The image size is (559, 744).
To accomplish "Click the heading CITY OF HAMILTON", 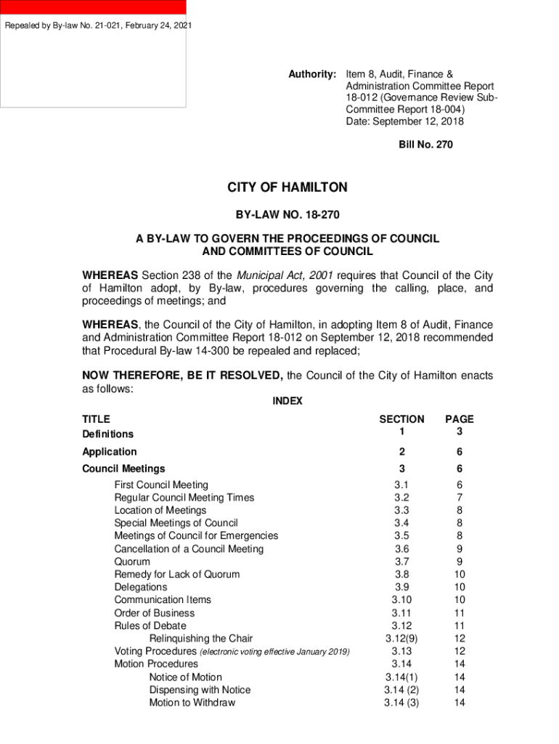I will (x=287, y=187).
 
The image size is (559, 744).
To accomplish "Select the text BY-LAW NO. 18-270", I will (x=287, y=215).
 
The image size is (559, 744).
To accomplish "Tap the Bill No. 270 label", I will (x=425, y=145).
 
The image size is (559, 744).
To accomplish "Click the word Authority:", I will (x=312, y=74).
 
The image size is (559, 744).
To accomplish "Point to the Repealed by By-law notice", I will (x=99, y=26).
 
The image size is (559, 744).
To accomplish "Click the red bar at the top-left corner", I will (x=93, y=7).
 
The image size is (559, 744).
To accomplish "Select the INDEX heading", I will (x=287, y=401).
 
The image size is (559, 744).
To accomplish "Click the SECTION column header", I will (x=401, y=419).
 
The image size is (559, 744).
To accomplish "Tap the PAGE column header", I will (x=459, y=419).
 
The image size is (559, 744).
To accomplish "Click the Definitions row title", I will (x=107, y=434).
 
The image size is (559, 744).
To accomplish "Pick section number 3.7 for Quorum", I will (x=401, y=562).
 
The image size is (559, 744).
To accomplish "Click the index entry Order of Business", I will (x=154, y=612).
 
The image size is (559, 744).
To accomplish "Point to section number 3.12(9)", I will (x=401, y=639).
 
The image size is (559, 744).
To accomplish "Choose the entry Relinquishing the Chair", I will (x=201, y=639).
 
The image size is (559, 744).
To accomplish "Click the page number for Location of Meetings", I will (x=459, y=510).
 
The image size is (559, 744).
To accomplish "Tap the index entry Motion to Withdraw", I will (x=192, y=703).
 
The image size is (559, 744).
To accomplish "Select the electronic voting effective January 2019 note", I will (x=274, y=652).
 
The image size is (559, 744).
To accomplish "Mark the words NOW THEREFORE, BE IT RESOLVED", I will (x=182, y=376).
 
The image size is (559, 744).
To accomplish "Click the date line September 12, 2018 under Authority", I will (x=404, y=121).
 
